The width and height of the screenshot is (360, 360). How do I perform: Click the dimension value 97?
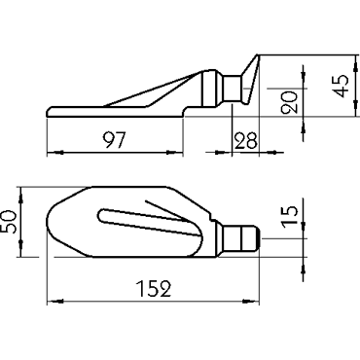pyautogui.click(x=114, y=140)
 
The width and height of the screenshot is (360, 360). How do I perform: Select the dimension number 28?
pyautogui.click(x=245, y=140)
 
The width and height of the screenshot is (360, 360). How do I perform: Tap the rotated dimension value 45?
pyautogui.click(x=341, y=86)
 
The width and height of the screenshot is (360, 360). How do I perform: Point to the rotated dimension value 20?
pyautogui.click(x=290, y=102)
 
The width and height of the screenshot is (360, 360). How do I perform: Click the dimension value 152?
pyautogui.click(x=155, y=289)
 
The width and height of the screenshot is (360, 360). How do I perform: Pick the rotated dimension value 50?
pyautogui.click(x=8, y=222)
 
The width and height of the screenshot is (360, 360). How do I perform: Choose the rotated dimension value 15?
pyautogui.click(x=290, y=217)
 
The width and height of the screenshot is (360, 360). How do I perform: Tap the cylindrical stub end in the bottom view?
pyautogui.click(x=241, y=239)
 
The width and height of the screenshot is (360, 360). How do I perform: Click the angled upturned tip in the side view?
pyautogui.click(x=251, y=79)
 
